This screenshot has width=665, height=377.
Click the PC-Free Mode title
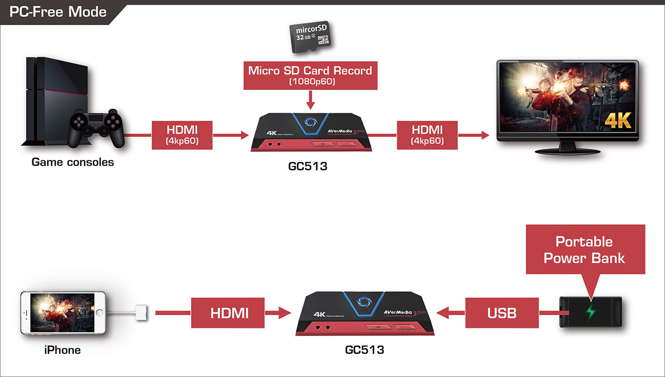point(58,12)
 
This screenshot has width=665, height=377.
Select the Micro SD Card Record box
point(310,75)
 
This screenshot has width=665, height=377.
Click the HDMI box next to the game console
point(182,135)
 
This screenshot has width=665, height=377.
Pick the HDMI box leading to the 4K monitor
point(427,135)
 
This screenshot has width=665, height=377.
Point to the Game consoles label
point(73,162)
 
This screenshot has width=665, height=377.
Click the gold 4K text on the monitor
point(617,120)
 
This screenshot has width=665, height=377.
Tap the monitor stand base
point(567,151)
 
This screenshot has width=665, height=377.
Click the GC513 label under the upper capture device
point(308,167)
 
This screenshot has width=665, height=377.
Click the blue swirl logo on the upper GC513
point(311,121)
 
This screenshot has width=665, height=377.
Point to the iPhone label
point(62,350)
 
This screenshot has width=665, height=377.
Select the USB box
point(502,313)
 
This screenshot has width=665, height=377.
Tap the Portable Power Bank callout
point(585,250)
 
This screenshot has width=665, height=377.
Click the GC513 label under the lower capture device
point(364,350)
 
